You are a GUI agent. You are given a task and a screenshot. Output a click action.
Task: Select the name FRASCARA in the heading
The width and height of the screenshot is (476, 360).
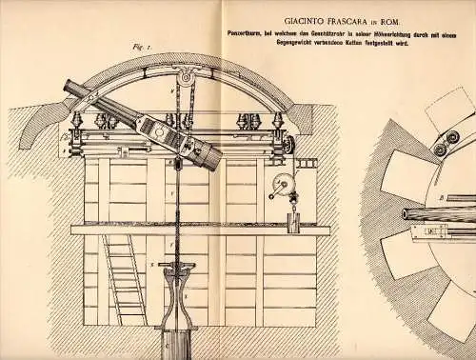point(333,17)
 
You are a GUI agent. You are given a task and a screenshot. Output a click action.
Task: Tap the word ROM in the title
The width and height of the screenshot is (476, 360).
point(391,17)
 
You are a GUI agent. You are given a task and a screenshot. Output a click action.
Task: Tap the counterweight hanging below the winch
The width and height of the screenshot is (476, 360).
point(294,223)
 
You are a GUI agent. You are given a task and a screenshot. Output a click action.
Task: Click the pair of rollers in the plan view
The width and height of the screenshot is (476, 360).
point(443,143)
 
